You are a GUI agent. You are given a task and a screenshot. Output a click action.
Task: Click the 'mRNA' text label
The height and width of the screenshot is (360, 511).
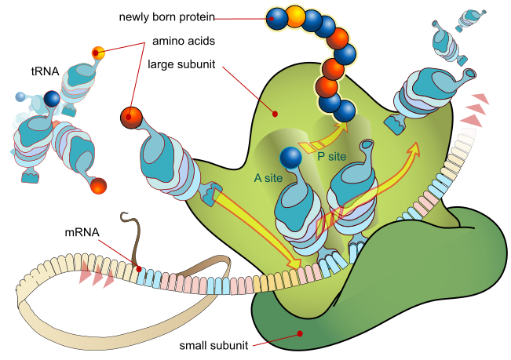81,232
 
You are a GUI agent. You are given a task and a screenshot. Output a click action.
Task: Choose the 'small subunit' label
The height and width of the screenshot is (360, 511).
213,345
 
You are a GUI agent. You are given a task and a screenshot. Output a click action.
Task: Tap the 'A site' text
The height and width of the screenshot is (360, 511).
268,178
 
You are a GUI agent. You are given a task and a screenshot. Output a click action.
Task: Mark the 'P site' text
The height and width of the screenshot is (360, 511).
332,155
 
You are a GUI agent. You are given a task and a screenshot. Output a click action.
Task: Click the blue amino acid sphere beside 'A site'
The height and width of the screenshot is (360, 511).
290,157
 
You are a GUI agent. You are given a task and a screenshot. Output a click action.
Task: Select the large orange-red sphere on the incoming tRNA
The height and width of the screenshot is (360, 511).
133,118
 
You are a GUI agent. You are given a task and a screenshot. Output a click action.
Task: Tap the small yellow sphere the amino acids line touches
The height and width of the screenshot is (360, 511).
98,53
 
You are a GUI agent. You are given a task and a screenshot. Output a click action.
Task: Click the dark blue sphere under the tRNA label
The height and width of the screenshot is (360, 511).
52,99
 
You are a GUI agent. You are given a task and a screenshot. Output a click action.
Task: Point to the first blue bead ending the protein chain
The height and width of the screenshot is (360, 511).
276,18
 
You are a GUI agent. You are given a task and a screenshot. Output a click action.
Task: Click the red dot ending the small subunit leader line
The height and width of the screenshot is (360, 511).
300,333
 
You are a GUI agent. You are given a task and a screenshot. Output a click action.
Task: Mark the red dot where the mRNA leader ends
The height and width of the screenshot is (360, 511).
138,269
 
